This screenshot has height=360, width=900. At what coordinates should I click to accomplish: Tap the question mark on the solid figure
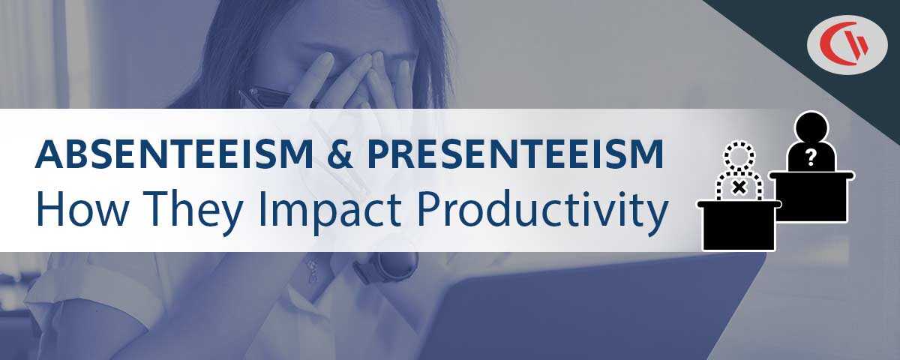[810, 157]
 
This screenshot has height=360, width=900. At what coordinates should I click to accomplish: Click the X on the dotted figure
[739, 186]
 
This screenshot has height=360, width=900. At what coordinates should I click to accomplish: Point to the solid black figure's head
[810, 125]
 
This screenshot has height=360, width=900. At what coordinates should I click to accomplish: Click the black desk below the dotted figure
[738, 225]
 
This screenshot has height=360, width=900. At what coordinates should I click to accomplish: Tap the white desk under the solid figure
[811, 196]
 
